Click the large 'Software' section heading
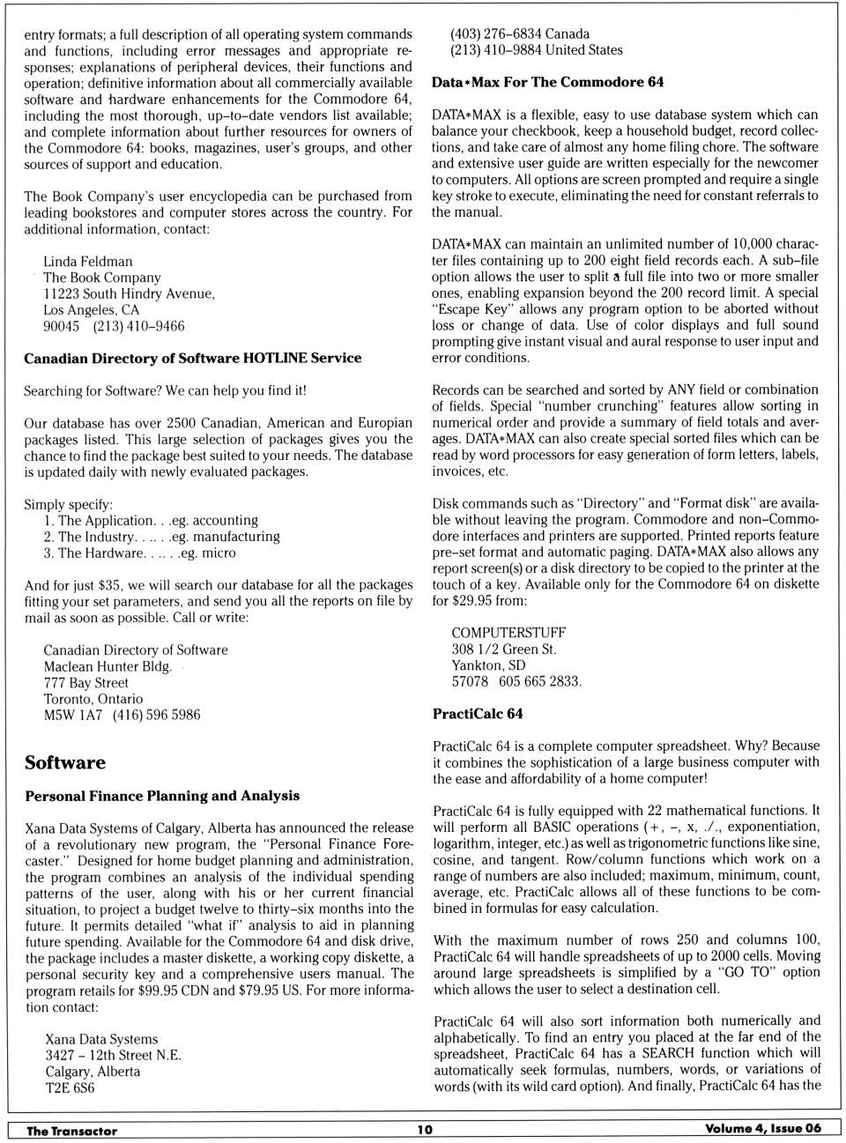65,762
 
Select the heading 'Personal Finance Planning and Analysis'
162,796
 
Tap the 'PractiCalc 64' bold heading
478,714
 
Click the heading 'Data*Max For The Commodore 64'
547,82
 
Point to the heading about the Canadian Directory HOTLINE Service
192,358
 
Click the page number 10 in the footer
425,1129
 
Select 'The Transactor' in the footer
71,1131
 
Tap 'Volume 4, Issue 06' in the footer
762,1128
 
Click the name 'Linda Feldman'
88,262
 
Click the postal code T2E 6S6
70,1087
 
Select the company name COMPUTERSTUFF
508,633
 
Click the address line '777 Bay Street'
86,682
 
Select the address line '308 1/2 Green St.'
504,649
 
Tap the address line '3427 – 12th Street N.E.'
113,1055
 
